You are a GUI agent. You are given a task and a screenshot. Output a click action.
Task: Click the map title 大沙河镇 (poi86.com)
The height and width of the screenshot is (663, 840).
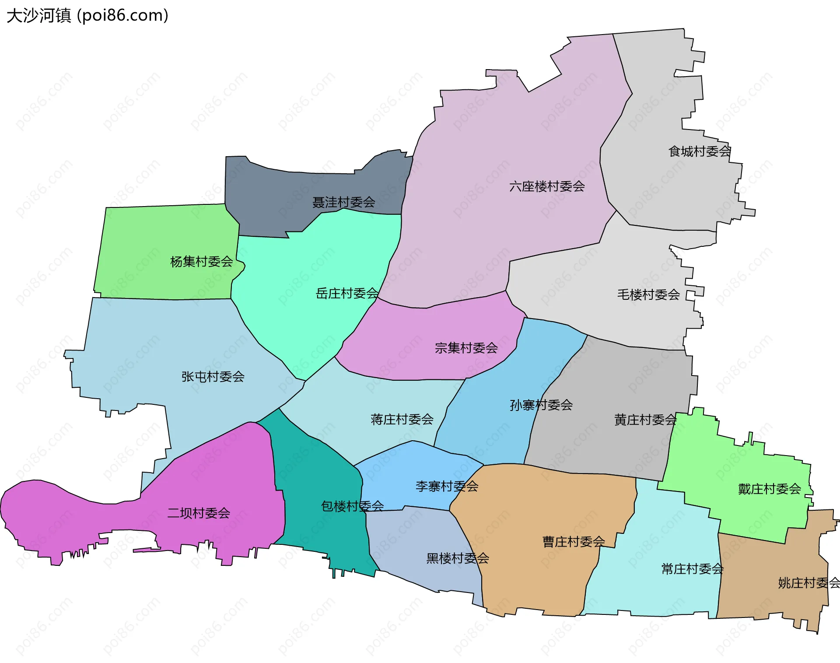[87, 16]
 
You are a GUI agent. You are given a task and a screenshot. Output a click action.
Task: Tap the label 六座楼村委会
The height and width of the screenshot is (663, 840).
[547, 186]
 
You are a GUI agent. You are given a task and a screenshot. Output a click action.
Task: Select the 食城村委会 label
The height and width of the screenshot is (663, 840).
[700, 151]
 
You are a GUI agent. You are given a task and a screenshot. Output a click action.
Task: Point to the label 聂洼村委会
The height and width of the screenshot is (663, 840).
[344, 202]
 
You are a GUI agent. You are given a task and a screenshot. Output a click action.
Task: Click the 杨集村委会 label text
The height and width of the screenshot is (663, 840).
[202, 262]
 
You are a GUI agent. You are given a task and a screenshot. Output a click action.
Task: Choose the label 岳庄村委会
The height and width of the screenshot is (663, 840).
[347, 293]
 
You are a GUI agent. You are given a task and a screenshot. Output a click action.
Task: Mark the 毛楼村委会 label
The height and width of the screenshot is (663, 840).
[648, 295]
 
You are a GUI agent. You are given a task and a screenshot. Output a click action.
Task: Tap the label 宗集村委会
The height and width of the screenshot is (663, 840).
[466, 348]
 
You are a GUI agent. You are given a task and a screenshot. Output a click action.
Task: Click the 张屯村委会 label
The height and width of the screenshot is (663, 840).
[213, 376]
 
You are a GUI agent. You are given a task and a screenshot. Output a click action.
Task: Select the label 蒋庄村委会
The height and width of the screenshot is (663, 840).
[402, 419]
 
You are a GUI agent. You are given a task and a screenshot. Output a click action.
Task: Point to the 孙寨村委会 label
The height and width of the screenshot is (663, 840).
[541, 405]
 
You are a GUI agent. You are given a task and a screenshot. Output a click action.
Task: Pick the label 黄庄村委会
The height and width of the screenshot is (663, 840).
[645, 420]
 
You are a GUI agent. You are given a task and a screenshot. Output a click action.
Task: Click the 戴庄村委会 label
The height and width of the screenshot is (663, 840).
[770, 489]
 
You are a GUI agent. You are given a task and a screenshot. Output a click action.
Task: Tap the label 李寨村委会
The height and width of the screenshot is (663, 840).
[447, 486]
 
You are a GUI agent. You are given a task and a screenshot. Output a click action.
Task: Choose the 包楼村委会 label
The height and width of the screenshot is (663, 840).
[353, 506]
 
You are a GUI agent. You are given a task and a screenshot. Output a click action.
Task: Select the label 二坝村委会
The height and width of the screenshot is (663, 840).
[199, 513]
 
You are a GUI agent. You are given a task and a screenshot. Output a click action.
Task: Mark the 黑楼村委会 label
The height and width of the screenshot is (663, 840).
[458, 558]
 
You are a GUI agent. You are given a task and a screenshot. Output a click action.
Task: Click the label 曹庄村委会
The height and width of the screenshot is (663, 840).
[574, 542]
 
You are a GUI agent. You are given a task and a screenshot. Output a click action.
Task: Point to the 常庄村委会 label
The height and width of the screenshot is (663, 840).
[693, 569]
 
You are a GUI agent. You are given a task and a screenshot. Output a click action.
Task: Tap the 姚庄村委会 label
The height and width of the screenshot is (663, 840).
[808, 583]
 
